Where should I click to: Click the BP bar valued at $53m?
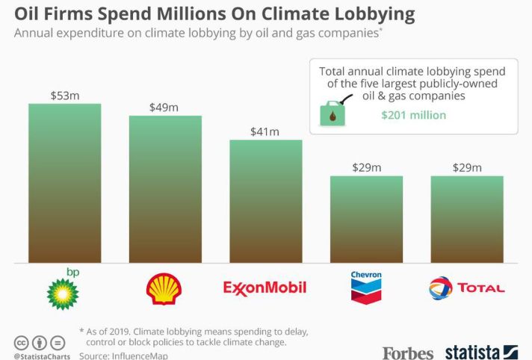(64, 183)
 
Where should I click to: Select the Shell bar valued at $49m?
(165, 189)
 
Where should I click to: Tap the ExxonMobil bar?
(265, 201)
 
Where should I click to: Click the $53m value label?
(64, 96)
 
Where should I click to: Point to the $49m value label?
(164, 108)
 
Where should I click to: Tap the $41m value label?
(265, 131)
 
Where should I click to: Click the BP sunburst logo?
(63, 292)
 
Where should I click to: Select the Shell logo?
(164, 288)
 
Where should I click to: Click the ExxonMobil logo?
(265, 288)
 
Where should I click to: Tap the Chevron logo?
(366, 287)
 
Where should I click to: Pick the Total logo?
(467, 288)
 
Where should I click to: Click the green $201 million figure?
(413, 115)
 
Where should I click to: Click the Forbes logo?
(408, 352)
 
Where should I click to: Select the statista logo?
(482, 351)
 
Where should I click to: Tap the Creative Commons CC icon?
(22, 343)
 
